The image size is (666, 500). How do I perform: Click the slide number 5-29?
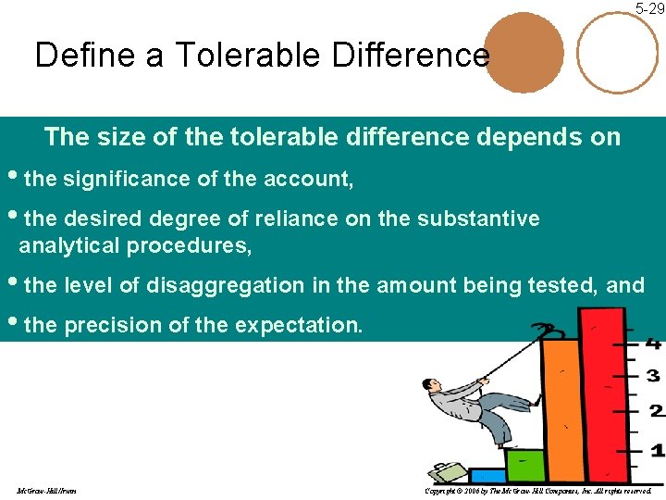pyautogui.click(x=649, y=8)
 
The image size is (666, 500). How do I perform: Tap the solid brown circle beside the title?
pyautogui.click(x=524, y=53)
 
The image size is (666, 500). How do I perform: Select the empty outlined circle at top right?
pyautogui.click(x=618, y=53)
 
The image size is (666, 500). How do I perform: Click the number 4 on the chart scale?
pyautogui.click(x=654, y=344)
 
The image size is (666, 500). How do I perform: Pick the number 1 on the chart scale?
pyautogui.click(x=656, y=451)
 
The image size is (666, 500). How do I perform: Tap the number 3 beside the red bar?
pyautogui.click(x=653, y=376)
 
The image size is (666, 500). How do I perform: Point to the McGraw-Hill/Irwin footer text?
pyautogui.click(x=46, y=490)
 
